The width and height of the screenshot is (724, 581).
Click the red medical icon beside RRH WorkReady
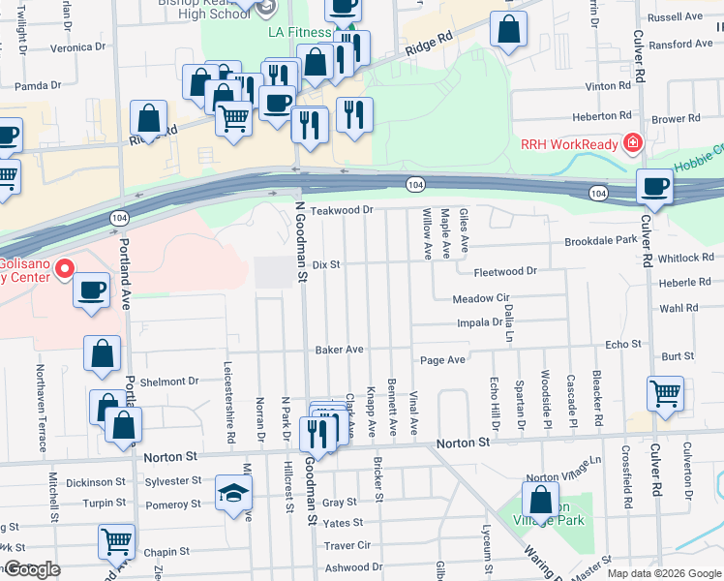632,144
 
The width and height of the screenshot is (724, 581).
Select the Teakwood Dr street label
341,210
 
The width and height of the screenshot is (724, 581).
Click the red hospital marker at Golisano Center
66,267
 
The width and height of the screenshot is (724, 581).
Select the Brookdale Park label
600,239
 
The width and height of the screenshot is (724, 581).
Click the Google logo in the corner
31,569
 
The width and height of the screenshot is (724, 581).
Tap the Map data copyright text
664,573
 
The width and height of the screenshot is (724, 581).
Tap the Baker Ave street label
339,349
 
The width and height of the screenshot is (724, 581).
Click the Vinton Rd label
608,86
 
